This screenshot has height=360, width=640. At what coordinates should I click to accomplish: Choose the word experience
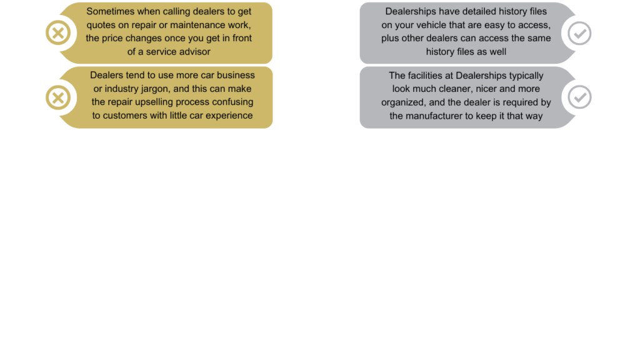(229, 115)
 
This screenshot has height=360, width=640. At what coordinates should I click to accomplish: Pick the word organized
(402, 102)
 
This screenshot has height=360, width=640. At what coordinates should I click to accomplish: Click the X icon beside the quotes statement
(58, 32)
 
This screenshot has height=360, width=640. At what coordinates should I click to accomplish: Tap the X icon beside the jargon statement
(58, 97)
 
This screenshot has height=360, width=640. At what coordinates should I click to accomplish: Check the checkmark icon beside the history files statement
(579, 32)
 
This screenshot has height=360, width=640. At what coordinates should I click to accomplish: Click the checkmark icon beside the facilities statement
(579, 97)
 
